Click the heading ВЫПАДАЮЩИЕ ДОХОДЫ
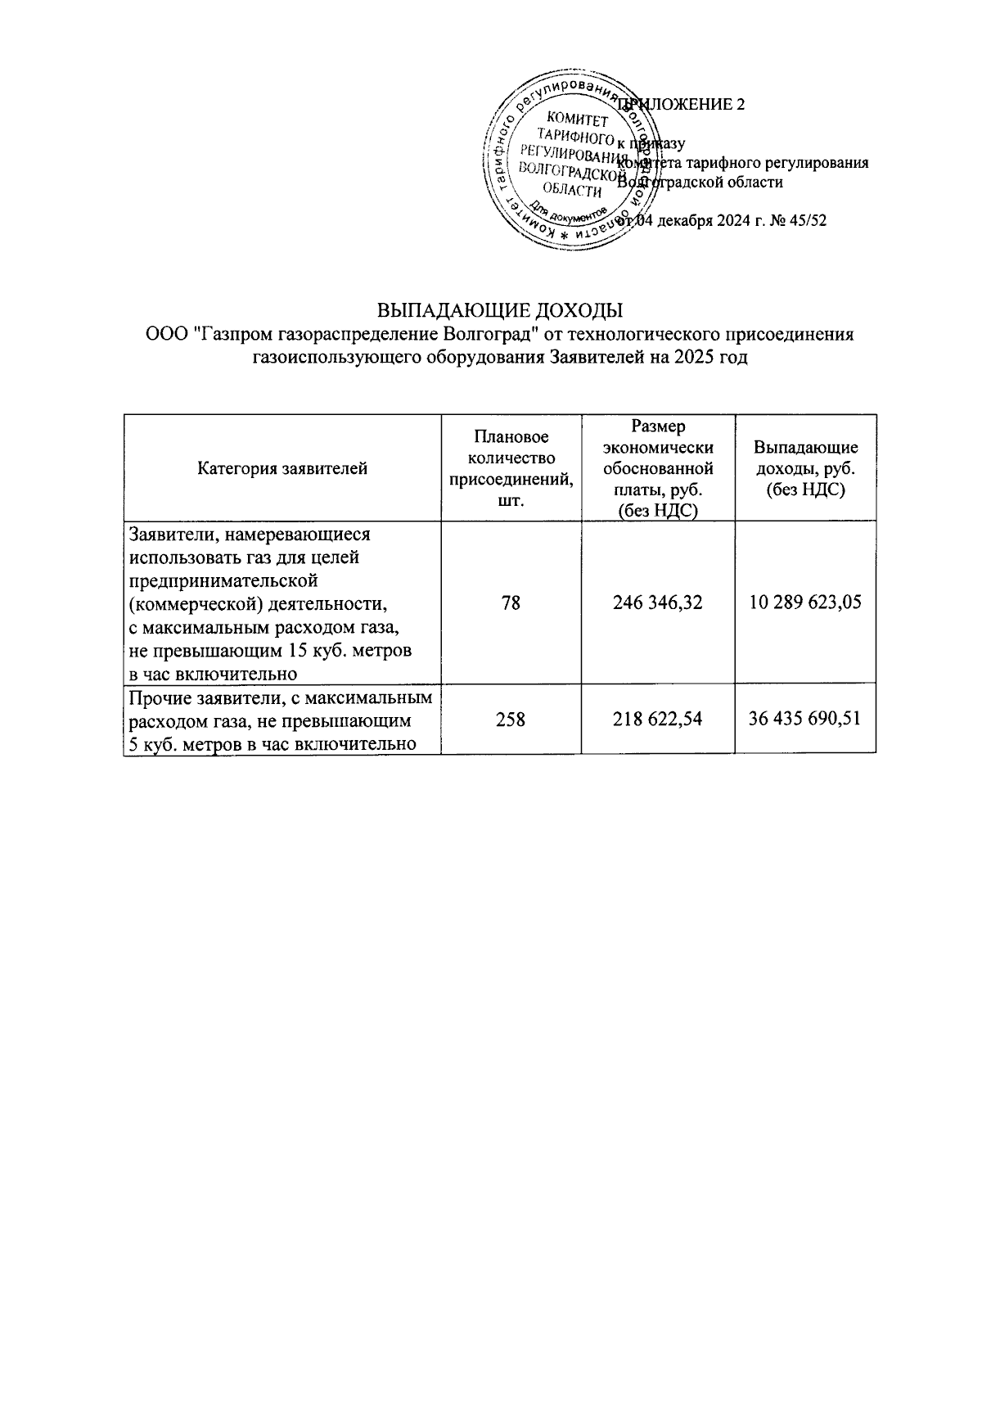500,311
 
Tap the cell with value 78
511,603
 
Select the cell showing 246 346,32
658,603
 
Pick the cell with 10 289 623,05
805,603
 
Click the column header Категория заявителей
282,469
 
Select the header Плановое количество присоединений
511,469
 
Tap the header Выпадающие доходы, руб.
805,469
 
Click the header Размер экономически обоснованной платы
658,469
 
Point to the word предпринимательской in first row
223,581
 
